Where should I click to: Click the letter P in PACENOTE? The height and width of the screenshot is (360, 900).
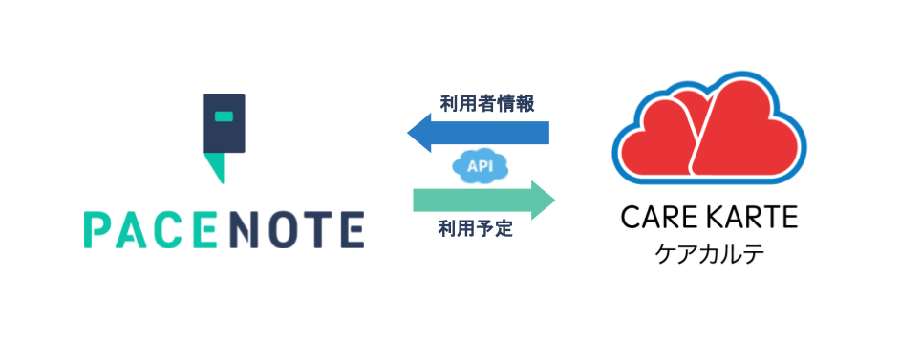click(x=96, y=229)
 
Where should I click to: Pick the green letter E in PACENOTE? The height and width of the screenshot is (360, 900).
click(x=203, y=229)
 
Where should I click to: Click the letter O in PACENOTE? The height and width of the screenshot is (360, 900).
click(x=283, y=229)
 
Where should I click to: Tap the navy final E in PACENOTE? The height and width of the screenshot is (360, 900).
click(x=353, y=229)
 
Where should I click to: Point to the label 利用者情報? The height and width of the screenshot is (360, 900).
click(x=486, y=103)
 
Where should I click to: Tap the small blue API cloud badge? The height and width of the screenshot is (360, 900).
click(x=479, y=165)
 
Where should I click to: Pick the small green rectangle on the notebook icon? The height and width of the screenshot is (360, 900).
click(x=224, y=116)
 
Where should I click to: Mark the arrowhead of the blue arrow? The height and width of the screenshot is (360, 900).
click(x=419, y=132)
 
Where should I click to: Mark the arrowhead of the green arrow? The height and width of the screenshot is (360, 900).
click(x=543, y=199)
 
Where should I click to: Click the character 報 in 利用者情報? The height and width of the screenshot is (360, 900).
click(x=525, y=103)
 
